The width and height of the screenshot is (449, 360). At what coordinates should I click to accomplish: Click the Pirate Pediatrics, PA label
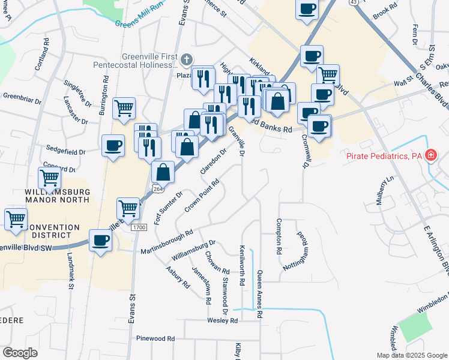(x=384, y=156)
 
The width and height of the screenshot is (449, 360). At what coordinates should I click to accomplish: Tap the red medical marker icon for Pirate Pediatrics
(x=430, y=156)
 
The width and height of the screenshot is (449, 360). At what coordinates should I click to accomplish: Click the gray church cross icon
(x=187, y=59)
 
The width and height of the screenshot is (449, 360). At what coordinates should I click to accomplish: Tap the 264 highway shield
(x=157, y=188)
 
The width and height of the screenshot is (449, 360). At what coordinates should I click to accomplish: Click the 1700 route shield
(x=139, y=227)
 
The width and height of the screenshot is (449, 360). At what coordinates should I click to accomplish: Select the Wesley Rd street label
(x=223, y=321)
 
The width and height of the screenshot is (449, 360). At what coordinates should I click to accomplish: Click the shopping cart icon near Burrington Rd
(x=124, y=109)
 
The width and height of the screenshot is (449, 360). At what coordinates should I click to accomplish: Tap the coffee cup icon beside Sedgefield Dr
(x=113, y=146)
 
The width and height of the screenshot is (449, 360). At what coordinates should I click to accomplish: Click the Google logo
(x=20, y=353)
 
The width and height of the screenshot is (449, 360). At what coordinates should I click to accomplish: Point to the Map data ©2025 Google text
(x=411, y=355)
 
